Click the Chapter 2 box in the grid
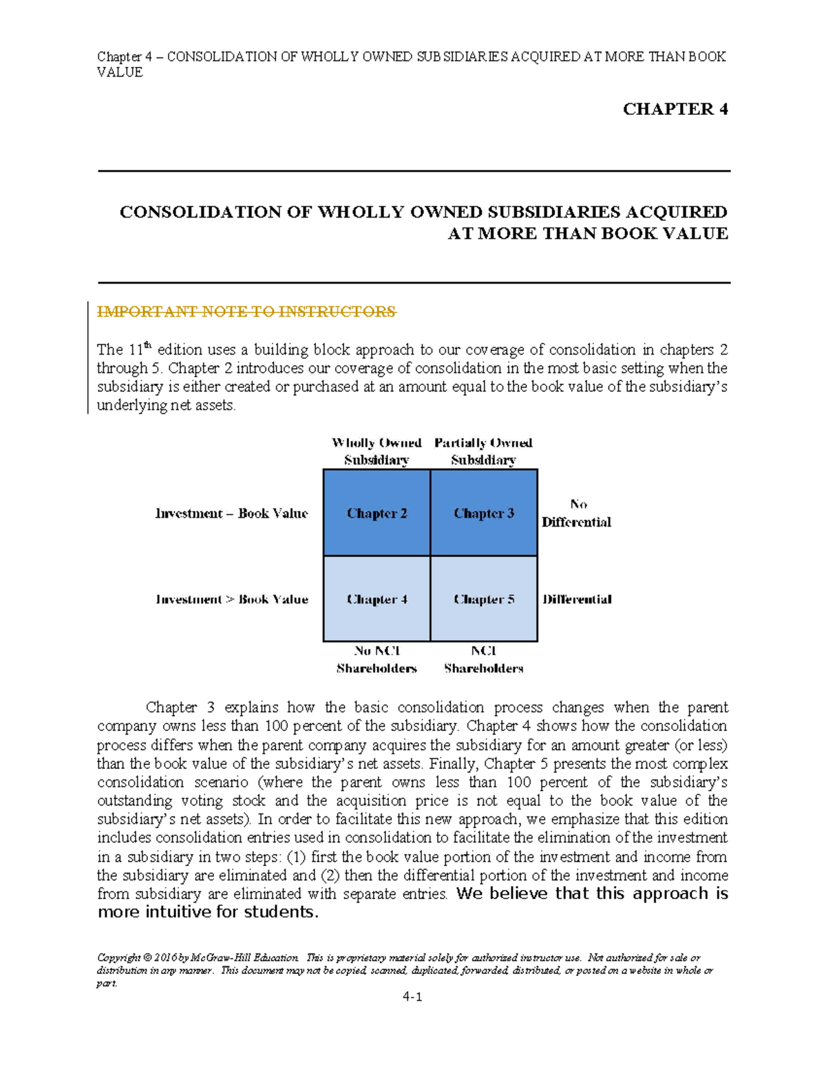pos(377,513)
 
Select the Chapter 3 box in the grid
pos(484,513)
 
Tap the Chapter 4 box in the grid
pos(377,599)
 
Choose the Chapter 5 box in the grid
pos(484,599)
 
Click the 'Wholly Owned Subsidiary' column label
pos(377,451)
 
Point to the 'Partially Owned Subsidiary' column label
pos(483,451)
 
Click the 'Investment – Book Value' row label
pos(231,514)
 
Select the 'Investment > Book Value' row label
pos(232,600)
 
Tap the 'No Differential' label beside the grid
pos(577,514)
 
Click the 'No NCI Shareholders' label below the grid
pos(377,659)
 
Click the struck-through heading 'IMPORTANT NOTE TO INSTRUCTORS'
pos(246,312)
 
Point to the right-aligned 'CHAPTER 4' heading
pos(675,109)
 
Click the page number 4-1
pos(412,997)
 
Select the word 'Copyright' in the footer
pos(118,957)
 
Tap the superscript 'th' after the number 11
pos(147,345)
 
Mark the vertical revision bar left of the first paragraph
pos(89,358)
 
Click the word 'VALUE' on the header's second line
pos(120,72)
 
